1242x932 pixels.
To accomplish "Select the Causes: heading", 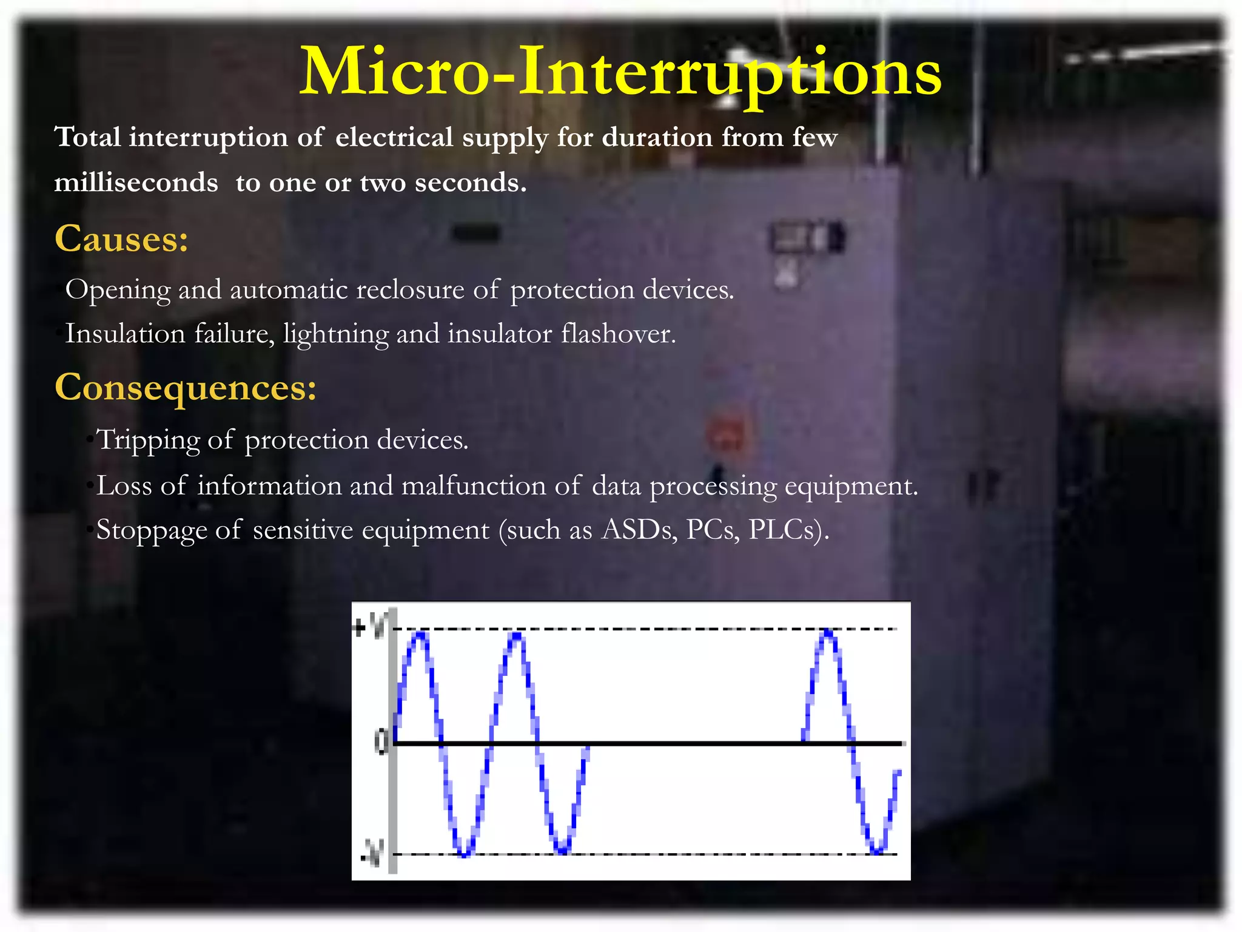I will tap(121, 238).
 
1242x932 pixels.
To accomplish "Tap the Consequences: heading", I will tap(186, 387).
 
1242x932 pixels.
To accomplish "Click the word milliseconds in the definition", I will tap(136, 183).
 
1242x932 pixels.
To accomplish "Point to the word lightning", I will tap(335, 334).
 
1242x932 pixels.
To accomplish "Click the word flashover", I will tap(618, 334).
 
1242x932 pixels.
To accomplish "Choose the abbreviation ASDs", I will tap(639, 530).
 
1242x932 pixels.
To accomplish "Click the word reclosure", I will tap(410, 290).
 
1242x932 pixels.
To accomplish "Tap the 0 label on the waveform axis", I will tap(381, 741).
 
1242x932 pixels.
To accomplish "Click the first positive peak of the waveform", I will tap(420, 635).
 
